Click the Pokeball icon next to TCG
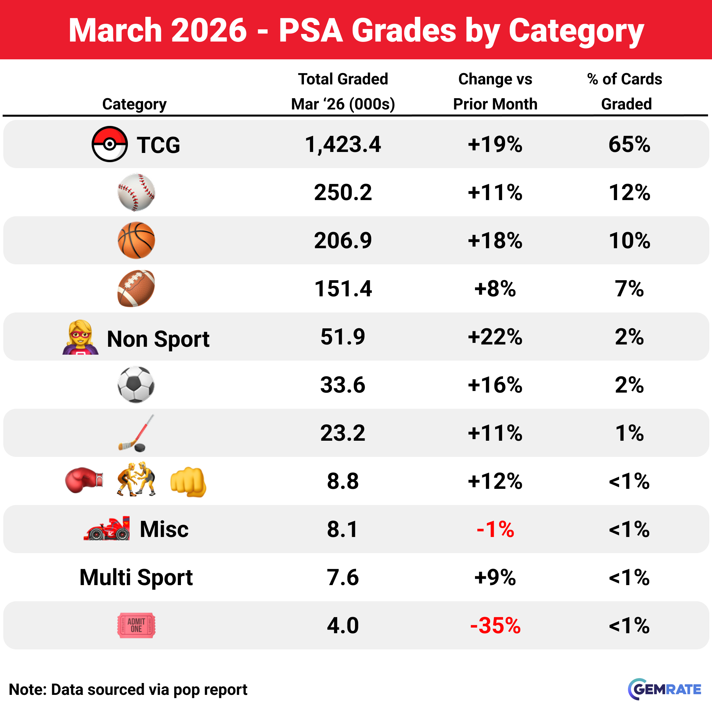[109, 144]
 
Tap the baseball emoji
[136, 192]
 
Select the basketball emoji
[136, 240]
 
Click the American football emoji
[136, 288]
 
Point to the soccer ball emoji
[136, 384]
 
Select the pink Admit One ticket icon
[136, 625]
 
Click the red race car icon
[107, 529]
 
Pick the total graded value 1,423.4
[343, 144]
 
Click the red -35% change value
[495, 625]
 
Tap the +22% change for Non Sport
[495, 337]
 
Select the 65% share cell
[629, 144]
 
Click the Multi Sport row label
[136, 577]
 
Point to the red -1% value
[495, 529]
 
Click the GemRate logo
[664, 689]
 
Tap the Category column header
[134, 104]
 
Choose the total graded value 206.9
[343, 240]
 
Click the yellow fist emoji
[188, 482]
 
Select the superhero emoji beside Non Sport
[80, 338]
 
